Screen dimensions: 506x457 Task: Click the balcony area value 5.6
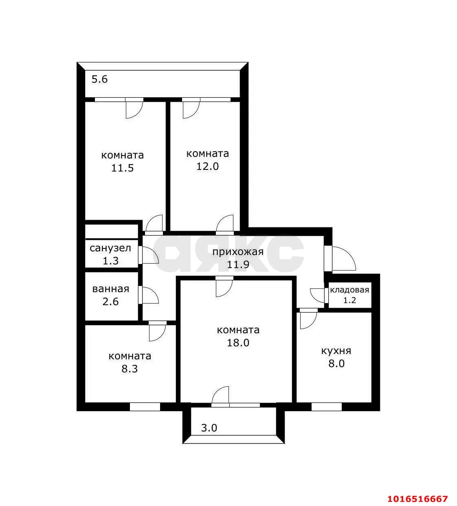[99, 79]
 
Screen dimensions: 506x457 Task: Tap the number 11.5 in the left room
[123, 168]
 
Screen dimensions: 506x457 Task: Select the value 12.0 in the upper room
[208, 166]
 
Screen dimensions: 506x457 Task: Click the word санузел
[110, 248]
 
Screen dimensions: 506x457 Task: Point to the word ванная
[110, 289]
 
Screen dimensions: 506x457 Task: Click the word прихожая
[238, 252]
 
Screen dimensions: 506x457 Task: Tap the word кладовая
[349, 290]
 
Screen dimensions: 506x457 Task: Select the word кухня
[336, 350]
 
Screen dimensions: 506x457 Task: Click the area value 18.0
[238, 343]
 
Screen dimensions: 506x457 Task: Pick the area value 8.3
[130, 369]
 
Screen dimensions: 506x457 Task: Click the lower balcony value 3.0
[209, 428]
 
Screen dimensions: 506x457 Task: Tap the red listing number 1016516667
[417, 499]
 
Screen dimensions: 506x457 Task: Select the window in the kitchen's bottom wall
[326, 406]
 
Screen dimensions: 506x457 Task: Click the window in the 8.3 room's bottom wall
[145, 406]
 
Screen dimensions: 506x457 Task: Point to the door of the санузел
[148, 255]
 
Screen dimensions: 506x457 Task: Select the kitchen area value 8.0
[336, 363]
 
